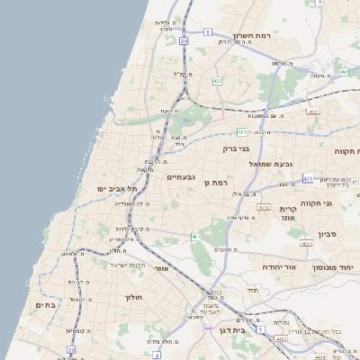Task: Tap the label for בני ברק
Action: [x=237, y=148]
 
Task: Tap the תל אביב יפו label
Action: [x=116, y=189]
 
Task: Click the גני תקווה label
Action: [x=339, y=203]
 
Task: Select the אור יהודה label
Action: [x=261, y=267]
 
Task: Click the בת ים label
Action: [x=46, y=306]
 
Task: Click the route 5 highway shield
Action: [x=207, y=31]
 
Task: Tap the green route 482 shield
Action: [x=217, y=81]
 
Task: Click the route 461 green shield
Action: [x=194, y=236]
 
